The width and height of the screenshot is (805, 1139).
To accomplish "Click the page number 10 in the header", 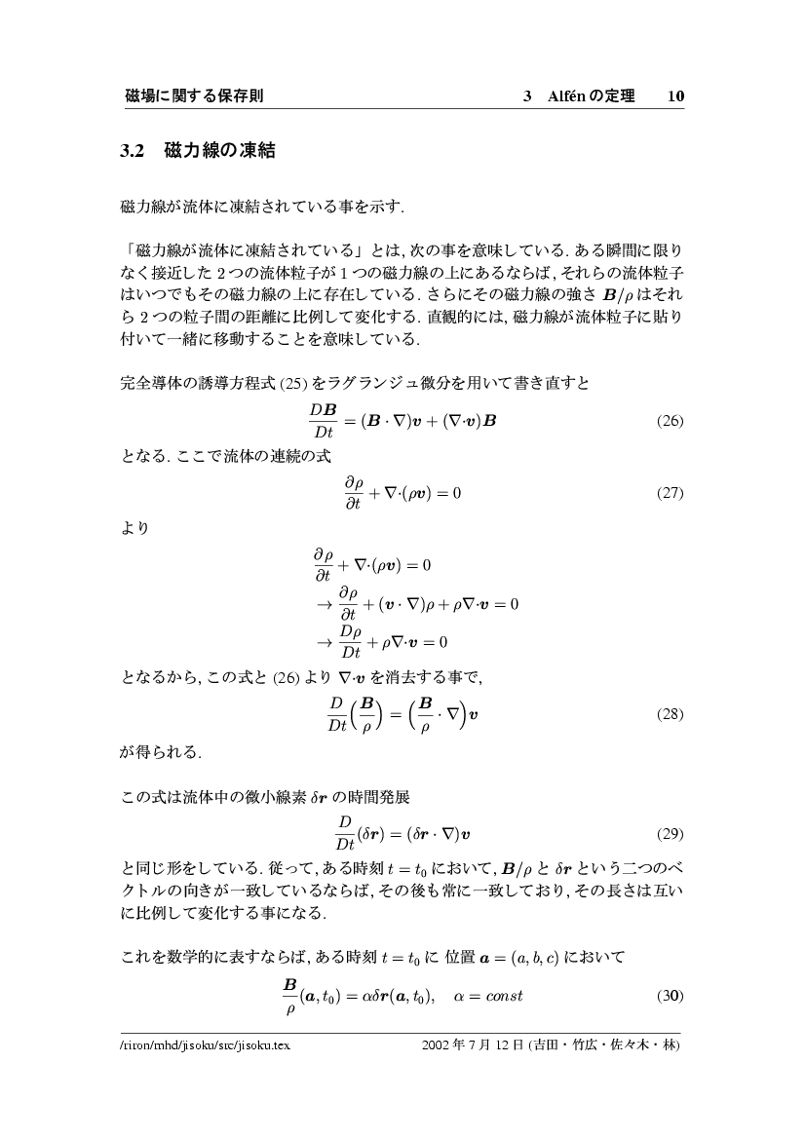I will [675, 95].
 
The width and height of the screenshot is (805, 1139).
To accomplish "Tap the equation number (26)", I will [668, 422].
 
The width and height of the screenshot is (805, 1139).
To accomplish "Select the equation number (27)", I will [668, 493].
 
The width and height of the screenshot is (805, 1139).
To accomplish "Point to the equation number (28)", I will [668, 714].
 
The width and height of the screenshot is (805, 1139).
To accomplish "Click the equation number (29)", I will [668, 835].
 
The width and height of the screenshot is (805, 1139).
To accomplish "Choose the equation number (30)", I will [668, 995].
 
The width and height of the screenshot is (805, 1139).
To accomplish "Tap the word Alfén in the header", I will [569, 95].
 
